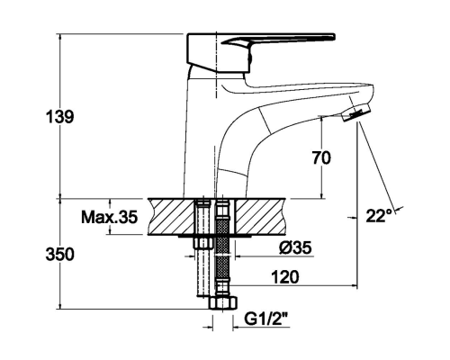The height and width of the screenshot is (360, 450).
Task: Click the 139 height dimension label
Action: [59, 117]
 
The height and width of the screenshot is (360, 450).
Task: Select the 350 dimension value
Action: [59, 255]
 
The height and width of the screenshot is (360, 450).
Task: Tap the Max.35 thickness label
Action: [110, 217]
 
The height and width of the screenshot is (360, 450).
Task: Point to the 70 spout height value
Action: [321, 157]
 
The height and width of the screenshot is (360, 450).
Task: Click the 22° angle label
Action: [379, 215]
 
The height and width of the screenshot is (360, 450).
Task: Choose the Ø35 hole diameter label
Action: [295, 247]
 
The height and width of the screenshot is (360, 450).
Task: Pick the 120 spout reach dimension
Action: [285, 277]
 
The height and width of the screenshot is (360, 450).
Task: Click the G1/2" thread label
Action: [266, 319]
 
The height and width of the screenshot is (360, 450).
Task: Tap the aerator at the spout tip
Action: [356, 112]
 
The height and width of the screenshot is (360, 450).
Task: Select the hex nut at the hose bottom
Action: [223, 303]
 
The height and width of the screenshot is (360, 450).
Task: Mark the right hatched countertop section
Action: [260, 216]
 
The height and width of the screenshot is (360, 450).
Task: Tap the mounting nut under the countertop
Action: [204, 243]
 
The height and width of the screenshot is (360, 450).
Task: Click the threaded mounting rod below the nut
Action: [204, 273]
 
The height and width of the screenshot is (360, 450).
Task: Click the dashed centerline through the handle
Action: [216, 65]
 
